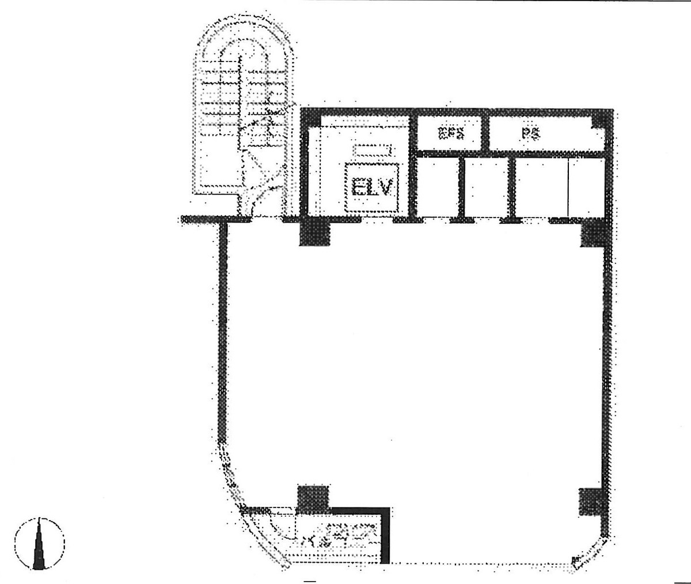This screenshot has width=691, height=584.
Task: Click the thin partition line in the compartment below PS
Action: (x=568, y=187)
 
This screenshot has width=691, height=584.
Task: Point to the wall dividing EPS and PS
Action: (x=485, y=132)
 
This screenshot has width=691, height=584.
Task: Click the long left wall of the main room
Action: (x=223, y=334)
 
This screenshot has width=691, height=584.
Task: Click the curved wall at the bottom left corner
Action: (x=242, y=506)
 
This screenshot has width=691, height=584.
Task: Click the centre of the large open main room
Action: (x=415, y=362)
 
